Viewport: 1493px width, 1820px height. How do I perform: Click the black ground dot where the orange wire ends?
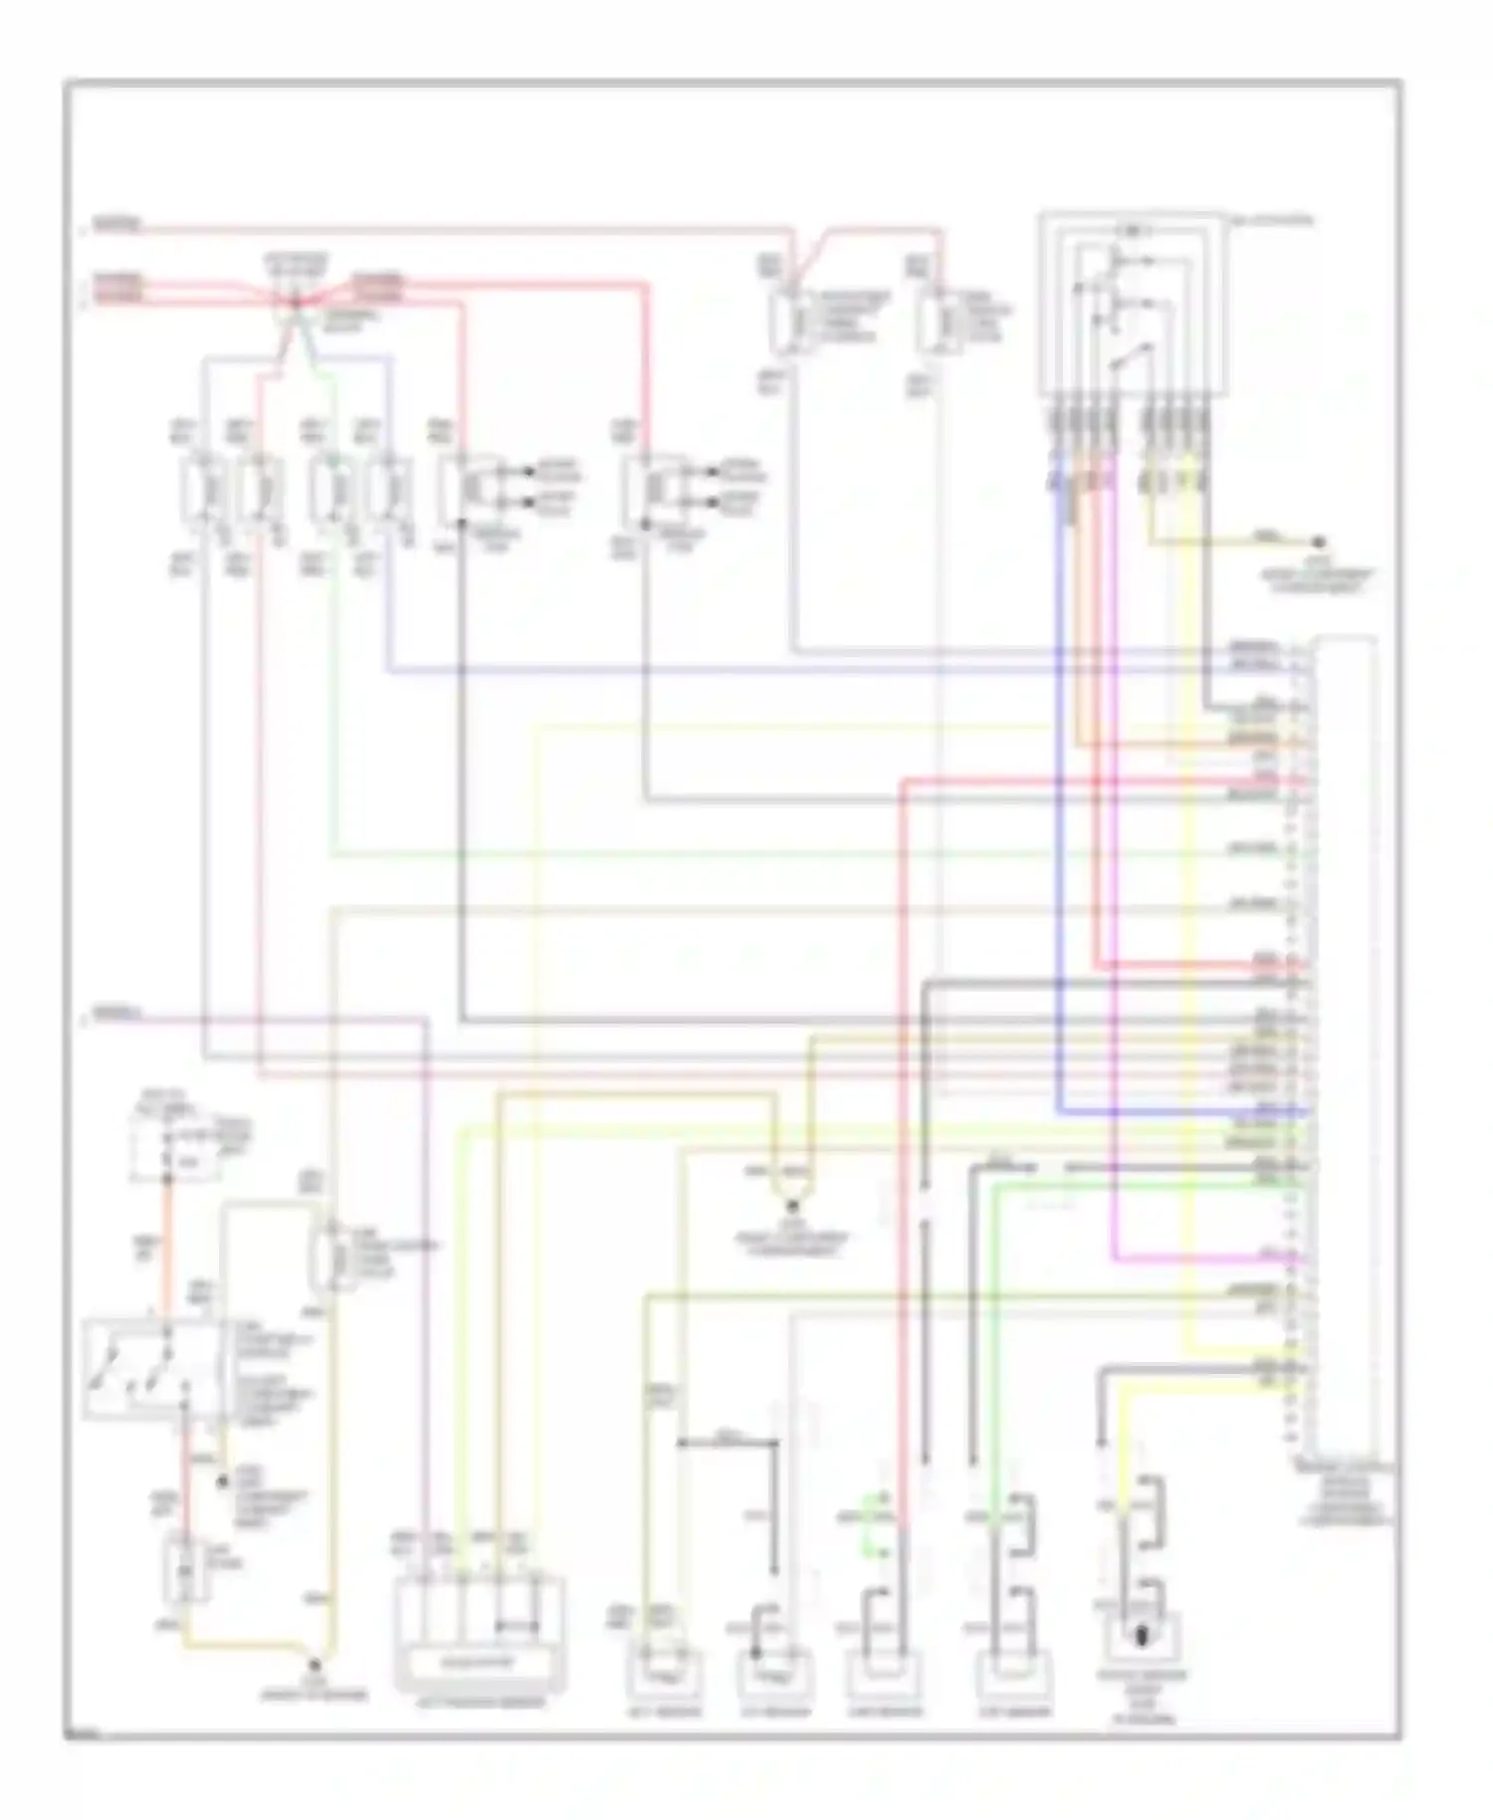315,1664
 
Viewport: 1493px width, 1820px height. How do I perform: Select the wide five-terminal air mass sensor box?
481,1635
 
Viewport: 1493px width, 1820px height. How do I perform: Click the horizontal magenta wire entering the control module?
1204,1258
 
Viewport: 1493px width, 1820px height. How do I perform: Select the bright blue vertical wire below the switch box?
1061,796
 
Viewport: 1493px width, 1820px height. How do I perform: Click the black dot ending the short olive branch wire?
1318,542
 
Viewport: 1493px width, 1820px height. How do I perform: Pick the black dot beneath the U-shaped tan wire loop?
793,1205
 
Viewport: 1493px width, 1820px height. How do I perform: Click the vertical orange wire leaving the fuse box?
167,1245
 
